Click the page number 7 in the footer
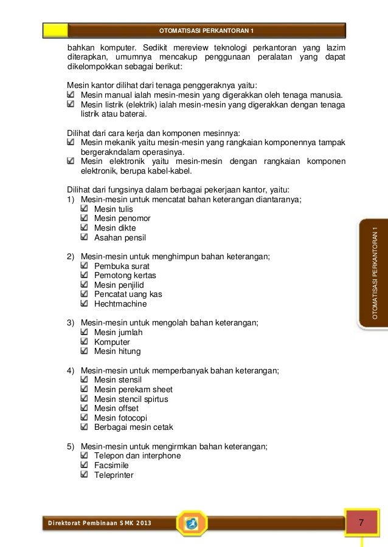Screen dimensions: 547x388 361,523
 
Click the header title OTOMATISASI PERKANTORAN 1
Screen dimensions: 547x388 206,30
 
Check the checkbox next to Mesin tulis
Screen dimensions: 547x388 85,209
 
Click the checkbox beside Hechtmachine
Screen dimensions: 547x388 85,304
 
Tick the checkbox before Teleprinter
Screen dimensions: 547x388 85,475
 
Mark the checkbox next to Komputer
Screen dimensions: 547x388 85,342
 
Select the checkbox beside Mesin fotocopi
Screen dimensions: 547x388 85,418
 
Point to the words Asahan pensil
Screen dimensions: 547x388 120,237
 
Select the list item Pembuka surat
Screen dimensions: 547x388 122,266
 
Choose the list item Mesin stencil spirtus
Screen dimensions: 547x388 131,399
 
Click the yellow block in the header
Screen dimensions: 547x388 55,30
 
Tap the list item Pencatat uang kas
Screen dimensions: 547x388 128,294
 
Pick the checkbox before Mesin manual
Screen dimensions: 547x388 72,95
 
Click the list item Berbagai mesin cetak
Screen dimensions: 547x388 134,427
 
